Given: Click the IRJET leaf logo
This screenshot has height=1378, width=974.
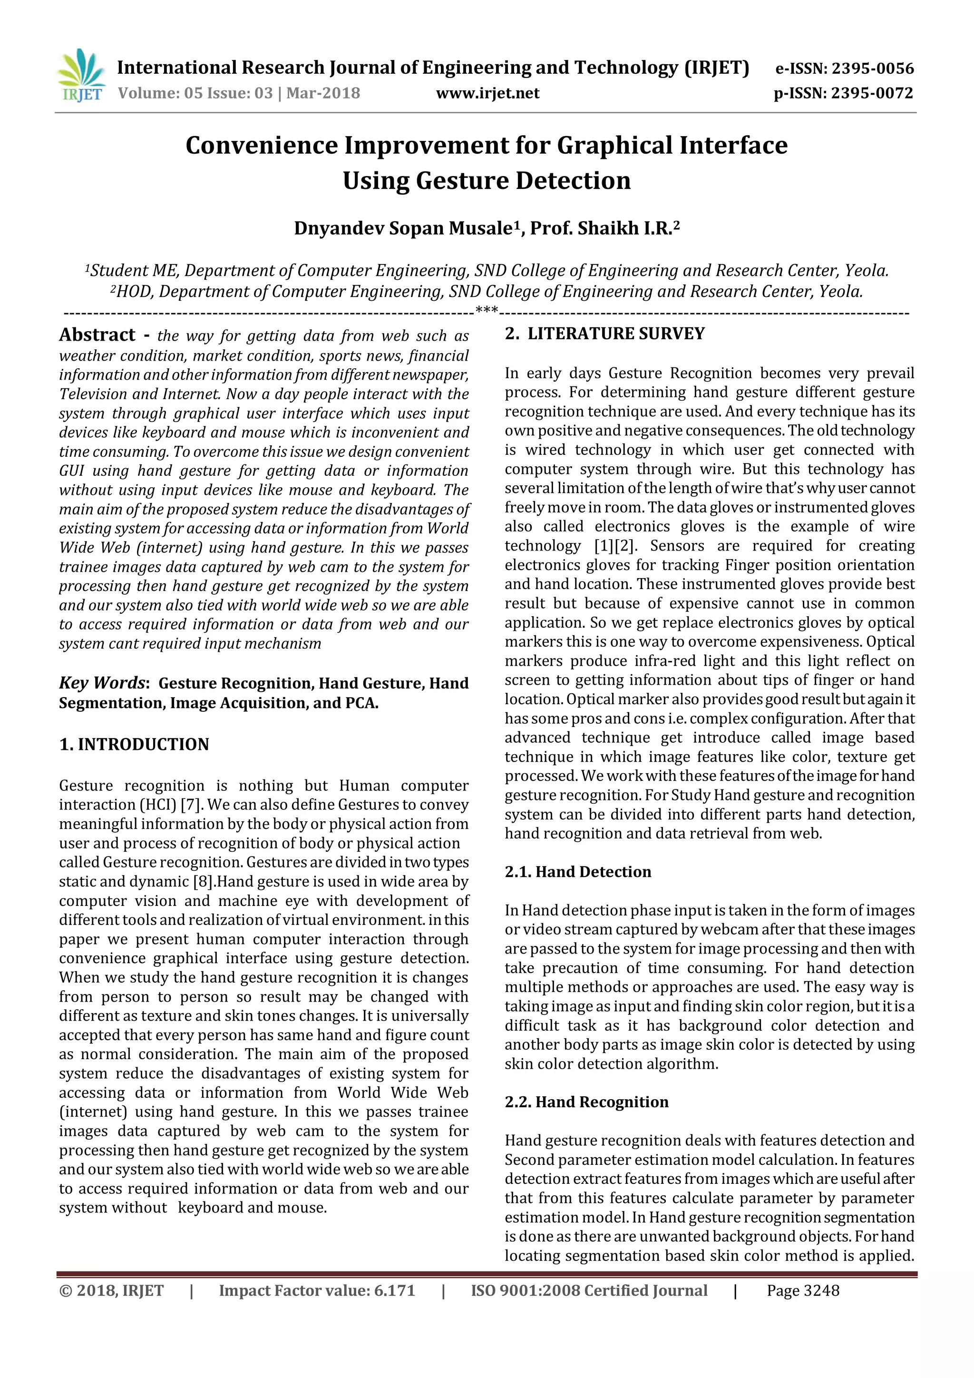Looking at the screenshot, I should [80, 76].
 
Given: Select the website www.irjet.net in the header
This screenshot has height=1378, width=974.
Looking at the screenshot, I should [487, 93].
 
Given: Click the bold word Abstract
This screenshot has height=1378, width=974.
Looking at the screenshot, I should [97, 335].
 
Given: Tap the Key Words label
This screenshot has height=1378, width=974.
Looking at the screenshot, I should [102, 683].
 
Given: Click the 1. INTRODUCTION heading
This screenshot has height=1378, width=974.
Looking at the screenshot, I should [134, 744].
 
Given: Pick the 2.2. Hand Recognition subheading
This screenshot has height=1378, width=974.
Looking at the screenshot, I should [586, 1102].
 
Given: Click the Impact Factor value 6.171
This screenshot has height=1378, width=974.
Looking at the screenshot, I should [394, 1290].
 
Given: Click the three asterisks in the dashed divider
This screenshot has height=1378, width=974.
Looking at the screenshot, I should [487, 310].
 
